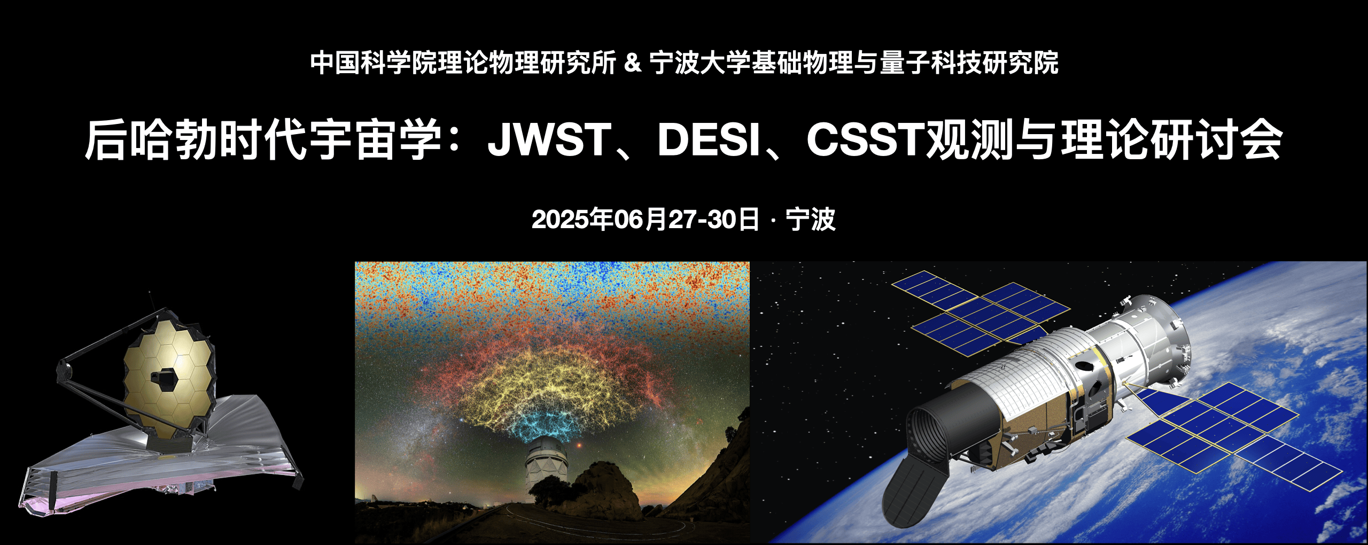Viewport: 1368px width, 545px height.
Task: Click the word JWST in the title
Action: coord(549,140)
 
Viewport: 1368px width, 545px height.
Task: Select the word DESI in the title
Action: coord(709,140)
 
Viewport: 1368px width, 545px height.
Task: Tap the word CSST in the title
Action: coord(866,140)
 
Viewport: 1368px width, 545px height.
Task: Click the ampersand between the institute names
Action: coord(633,63)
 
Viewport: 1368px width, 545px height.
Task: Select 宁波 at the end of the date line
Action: coord(811,220)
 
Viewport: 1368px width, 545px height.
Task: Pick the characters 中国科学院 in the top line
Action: coord(374,63)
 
